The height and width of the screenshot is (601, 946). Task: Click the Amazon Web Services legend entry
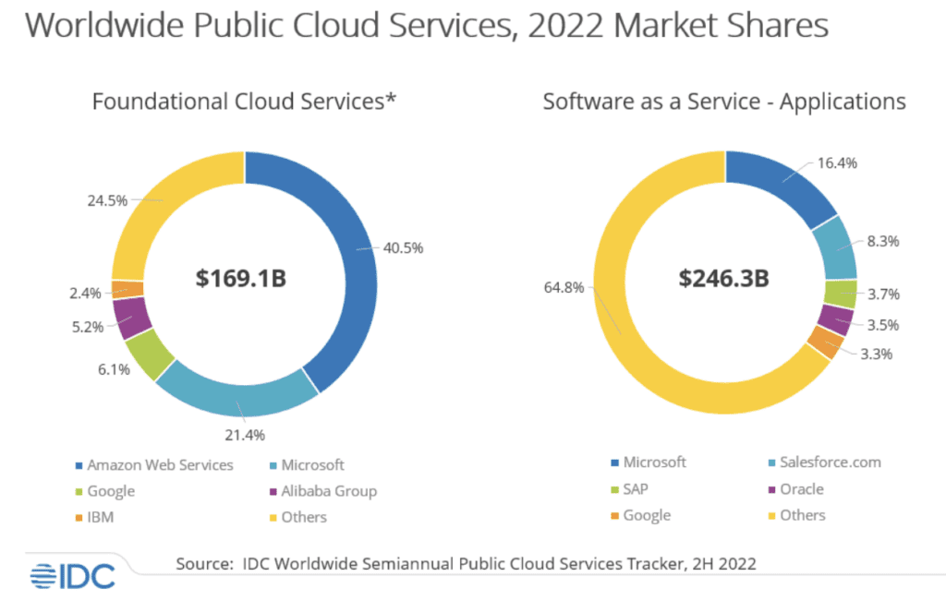point(160,464)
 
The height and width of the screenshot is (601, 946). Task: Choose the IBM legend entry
point(100,517)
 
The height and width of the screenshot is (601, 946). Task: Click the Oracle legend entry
point(801,488)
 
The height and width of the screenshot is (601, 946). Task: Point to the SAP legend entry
point(638,488)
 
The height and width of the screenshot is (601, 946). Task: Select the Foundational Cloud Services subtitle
point(244,102)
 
